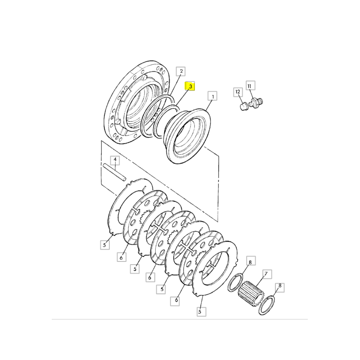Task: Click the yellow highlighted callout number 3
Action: [x=190, y=86]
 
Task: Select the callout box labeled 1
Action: [x=212, y=96]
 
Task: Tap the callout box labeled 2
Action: [x=181, y=72]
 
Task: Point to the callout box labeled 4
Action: [x=115, y=160]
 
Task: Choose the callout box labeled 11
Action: [x=250, y=85]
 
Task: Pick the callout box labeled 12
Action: [x=238, y=92]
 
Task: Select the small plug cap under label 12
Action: [x=244, y=107]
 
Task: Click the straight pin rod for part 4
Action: [x=114, y=172]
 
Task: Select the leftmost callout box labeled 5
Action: [x=105, y=245]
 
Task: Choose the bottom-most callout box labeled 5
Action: [x=201, y=311]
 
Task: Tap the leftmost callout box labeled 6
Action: [x=121, y=257]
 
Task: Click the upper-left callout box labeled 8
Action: [x=251, y=261]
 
